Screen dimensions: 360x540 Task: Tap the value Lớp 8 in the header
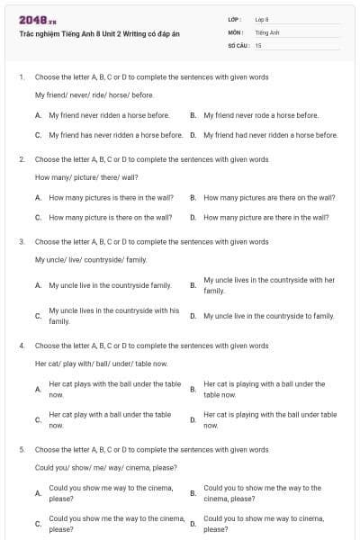pyautogui.click(x=262, y=19)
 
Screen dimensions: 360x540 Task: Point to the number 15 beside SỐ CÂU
pyautogui.click(x=258, y=44)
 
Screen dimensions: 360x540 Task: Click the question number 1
pyautogui.click(x=21, y=76)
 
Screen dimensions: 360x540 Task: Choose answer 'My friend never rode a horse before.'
pyautogui.click(x=261, y=115)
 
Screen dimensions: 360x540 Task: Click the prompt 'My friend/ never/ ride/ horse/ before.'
pyautogui.click(x=94, y=94)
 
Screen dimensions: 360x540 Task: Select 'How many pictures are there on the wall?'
pyautogui.click(x=269, y=197)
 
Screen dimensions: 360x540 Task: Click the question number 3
pyautogui.click(x=21, y=241)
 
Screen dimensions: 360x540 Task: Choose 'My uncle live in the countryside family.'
pyautogui.click(x=110, y=284)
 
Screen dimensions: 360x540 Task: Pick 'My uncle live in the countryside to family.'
pyautogui.click(x=268, y=316)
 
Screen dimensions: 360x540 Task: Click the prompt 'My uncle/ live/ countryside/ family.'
pyautogui.click(x=90, y=259)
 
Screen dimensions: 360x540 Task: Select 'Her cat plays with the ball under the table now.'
pyautogui.click(x=114, y=389)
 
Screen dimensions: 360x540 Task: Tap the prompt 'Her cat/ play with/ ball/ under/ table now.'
pyautogui.click(x=101, y=363)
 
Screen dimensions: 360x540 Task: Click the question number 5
pyautogui.click(x=21, y=449)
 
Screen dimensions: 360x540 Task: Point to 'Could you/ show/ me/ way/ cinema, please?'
pyautogui.click(x=105, y=467)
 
